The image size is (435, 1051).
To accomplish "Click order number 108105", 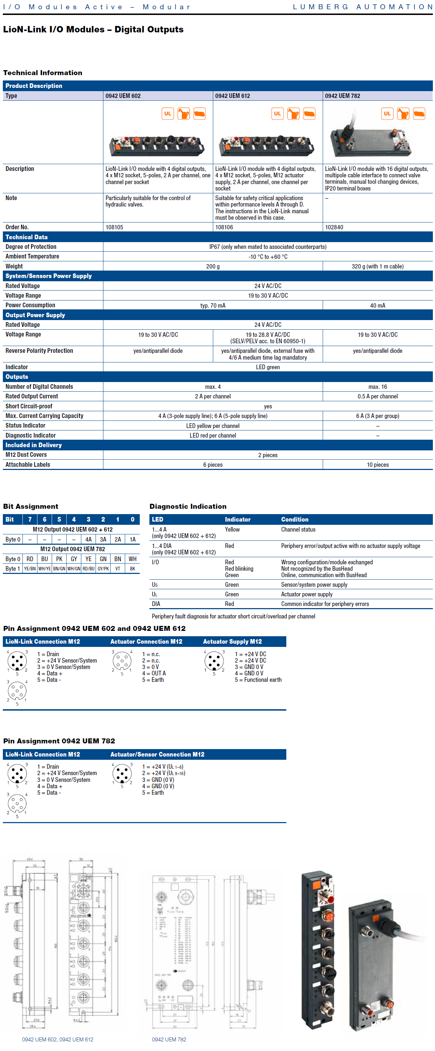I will pyautogui.click(x=114, y=227).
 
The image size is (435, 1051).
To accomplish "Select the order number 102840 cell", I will pyautogui.click(x=334, y=227).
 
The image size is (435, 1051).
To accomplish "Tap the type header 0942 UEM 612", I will pyautogui.click(x=232, y=96).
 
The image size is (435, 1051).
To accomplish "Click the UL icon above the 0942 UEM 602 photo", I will pyautogui.click(x=168, y=114).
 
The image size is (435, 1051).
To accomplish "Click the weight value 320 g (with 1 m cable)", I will pyautogui.click(x=377, y=266).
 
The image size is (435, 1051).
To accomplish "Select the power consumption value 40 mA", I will pyautogui.click(x=377, y=305).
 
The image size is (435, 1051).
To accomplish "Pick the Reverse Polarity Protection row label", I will pyautogui.click(x=39, y=351).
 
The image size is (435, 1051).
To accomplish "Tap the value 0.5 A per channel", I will pyautogui.click(x=377, y=397).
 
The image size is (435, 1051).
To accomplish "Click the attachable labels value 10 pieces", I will pyautogui.click(x=377, y=465).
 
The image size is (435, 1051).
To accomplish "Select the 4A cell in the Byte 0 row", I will pyautogui.click(x=88, y=539).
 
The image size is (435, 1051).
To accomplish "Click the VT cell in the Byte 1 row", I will pyautogui.click(x=118, y=569).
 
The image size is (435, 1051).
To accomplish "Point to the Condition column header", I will pyautogui.click(x=295, y=519).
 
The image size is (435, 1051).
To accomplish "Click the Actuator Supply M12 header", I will pyautogui.click(x=232, y=642).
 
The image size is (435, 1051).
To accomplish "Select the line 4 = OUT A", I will pyautogui.click(x=154, y=674).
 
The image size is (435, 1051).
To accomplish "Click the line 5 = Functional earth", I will pyautogui.click(x=258, y=680).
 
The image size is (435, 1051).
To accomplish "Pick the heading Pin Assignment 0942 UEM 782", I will pyautogui.click(x=59, y=741).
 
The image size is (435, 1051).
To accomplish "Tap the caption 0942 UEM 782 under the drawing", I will pyautogui.click(x=169, y=1039).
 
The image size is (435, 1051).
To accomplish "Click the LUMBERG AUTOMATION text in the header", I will pyautogui.click(x=363, y=7).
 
